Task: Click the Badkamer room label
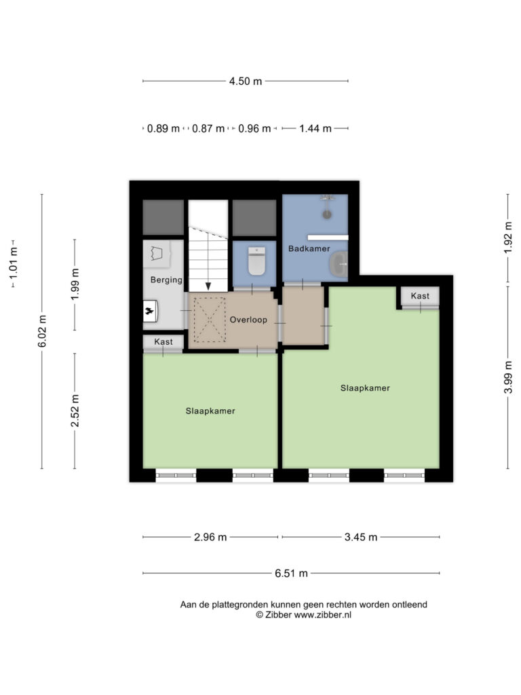(x=309, y=248)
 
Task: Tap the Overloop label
(x=248, y=320)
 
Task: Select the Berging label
(x=166, y=280)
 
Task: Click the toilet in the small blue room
(x=256, y=261)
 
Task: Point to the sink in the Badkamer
(x=339, y=265)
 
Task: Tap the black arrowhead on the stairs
(x=208, y=286)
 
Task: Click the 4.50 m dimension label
(x=246, y=81)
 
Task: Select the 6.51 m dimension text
(x=291, y=573)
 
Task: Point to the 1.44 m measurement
(x=315, y=128)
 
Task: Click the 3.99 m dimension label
(x=508, y=377)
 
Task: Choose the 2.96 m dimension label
(x=210, y=538)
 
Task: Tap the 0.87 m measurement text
(x=208, y=128)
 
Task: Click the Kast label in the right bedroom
(x=420, y=296)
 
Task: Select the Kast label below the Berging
(x=163, y=342)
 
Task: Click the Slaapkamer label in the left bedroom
(x=210, y=411)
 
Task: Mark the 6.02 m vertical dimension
(x=42, y=331)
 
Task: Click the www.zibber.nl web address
(x=322, y=615)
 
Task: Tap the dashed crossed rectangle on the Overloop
(x=210, y=320)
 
